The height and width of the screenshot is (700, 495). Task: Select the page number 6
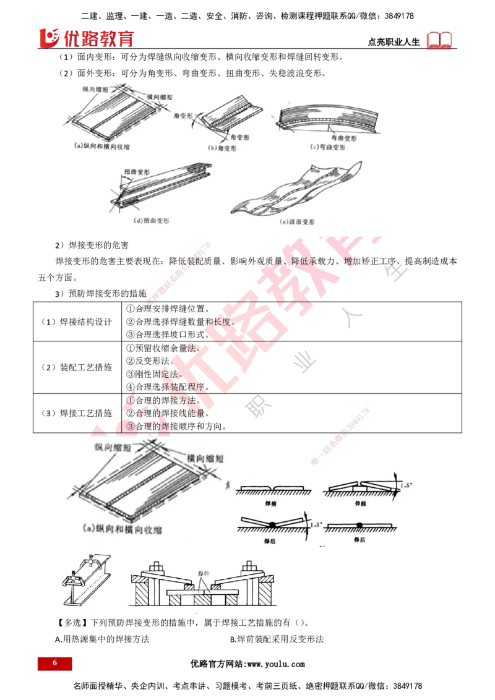pos(54,663)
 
